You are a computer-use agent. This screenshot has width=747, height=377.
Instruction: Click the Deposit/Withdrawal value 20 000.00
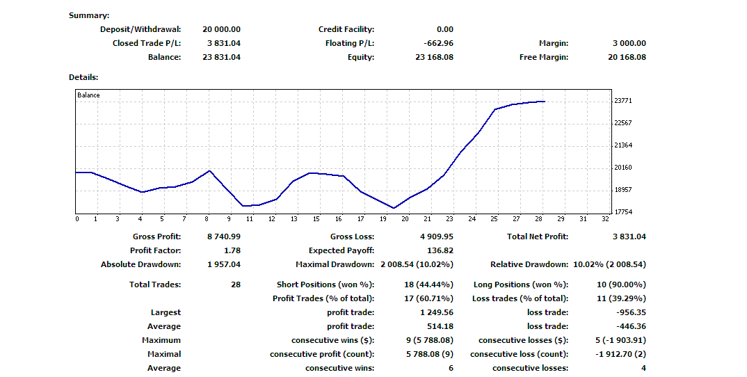click(x=221, y=29)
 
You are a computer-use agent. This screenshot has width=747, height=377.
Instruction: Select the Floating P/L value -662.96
click(x=439, y=43)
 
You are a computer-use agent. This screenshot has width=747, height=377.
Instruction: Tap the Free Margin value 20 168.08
click(x=627, y=57)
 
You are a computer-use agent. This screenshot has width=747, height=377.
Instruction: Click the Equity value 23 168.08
click(x=434, y=57)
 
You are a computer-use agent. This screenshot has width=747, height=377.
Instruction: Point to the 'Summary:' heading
click(x=89, y=15)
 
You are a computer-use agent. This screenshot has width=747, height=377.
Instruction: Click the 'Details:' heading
click(x=83, y=77)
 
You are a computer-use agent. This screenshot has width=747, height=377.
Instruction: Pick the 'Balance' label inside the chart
click(x=88, y=95)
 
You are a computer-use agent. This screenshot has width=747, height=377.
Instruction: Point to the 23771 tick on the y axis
click(x=623, y=101)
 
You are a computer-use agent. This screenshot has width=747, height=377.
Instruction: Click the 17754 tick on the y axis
click(x=623, y=212)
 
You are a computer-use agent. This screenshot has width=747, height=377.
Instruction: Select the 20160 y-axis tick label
click(x=623, y=168)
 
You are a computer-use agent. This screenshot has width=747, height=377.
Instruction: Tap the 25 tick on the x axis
click(x=495, y=219)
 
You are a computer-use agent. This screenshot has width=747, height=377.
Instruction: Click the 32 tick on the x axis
click(x=604, y=219)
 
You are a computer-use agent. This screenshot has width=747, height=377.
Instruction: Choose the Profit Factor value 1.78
click(x=233, y=250)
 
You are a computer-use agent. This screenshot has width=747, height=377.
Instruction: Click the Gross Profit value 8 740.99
click(x=223, y=236)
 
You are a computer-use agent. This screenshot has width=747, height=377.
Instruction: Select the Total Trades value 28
click(x=235, y=284)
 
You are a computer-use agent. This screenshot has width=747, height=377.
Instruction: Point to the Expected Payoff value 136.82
click(x=440, y=250)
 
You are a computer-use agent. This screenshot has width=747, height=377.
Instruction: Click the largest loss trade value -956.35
click(x=631, y=312)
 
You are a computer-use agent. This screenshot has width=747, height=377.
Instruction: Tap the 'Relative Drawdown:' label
click(x=529, y=264)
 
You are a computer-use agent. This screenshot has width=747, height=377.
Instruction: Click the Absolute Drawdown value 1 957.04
click(x=223, y=264)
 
